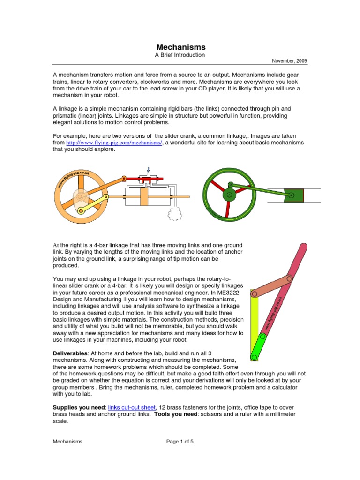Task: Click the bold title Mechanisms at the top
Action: [180, 47]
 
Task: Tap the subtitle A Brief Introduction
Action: [180, 55]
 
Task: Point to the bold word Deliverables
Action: [71, 352]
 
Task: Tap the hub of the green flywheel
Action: [229, 194]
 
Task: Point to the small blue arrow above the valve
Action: [149, 169]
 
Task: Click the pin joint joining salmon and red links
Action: [289, 279]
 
